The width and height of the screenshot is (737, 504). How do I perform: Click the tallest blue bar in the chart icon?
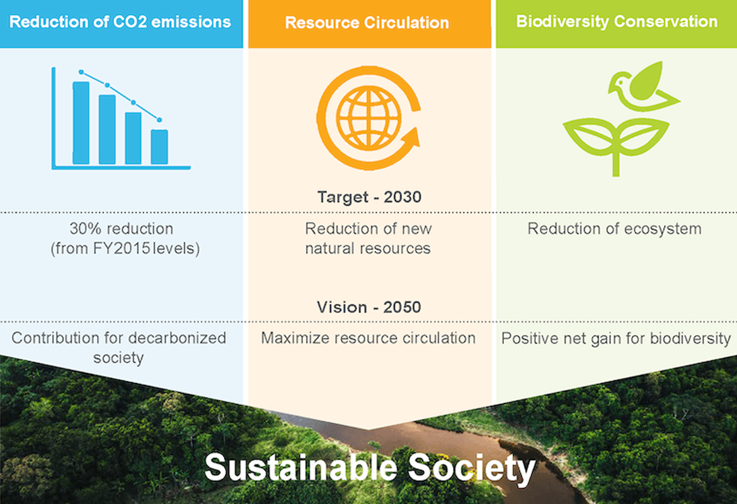(81, 123)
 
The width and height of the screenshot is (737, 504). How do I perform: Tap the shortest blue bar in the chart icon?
(159, 147)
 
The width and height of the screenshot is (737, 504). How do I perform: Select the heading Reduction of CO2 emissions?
(120, 22)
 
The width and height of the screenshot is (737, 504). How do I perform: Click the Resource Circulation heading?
(367, 23)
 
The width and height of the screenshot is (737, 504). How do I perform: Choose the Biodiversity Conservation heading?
(616, 21)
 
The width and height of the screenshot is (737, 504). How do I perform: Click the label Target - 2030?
(369, 197)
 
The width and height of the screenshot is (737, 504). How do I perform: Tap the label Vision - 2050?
(369, 307)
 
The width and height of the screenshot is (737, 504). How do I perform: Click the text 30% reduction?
(121, 228)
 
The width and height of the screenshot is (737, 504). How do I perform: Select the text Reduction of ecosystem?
(614, 228)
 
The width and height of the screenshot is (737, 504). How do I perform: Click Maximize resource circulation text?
(368, 338)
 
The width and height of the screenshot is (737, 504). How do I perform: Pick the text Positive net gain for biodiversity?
(615, 338)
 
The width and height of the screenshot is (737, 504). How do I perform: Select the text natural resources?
(368, 248)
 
